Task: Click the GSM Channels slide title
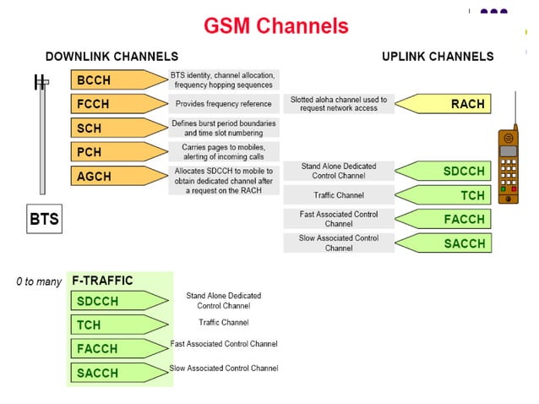(275, 25)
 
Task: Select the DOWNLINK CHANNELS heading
(112, 57)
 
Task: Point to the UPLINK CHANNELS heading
(438, 57)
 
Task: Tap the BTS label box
(44, 220)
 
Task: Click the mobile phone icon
(508, 165)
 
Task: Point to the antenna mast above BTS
(41, 135)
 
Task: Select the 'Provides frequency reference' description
(223, 104)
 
